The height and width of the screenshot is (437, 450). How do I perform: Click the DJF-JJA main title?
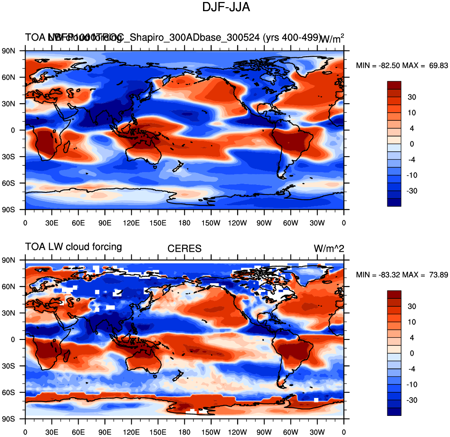point(226,7)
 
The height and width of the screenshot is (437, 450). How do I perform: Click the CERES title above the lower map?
point(184,249)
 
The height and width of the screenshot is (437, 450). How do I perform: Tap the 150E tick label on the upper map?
point(158,223)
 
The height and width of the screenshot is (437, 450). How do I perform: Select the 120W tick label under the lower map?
point(237,432)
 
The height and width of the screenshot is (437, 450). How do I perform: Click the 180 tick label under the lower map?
point(184,432)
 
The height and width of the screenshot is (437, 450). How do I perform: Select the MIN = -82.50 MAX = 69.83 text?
point(402,65)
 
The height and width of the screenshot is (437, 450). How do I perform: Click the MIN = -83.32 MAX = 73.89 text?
point(402,275)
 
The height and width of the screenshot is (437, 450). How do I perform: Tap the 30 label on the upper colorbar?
point(412,97)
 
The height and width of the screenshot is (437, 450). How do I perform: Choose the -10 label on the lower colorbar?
point(412,385)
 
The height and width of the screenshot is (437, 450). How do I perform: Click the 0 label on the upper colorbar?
point(412,144)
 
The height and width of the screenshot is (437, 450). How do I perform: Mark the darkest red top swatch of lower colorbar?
point(394,294)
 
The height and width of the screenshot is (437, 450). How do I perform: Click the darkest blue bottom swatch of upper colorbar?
point(394,202)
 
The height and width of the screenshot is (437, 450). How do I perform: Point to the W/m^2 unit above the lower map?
point(329,249)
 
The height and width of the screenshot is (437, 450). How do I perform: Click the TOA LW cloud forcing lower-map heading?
point(73,247)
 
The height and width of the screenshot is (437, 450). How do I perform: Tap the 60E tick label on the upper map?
point(78,223)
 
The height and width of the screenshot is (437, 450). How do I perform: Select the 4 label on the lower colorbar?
point(412,338)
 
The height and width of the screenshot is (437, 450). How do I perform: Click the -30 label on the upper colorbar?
point(412,191)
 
